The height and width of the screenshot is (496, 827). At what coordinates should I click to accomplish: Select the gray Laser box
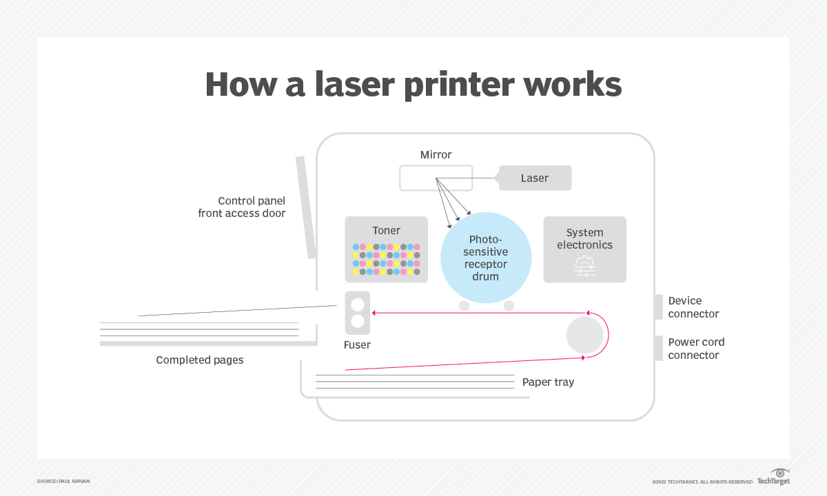[535, 178]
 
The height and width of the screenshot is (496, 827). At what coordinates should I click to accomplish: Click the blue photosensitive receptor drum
[485, 257]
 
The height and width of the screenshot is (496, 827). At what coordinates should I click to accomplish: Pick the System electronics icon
[584, 267]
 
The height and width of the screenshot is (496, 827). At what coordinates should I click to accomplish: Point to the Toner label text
[386, 231]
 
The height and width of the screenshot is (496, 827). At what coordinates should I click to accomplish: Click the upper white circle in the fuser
[358, 304]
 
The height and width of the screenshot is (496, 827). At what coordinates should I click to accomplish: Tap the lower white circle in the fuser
[358, 321]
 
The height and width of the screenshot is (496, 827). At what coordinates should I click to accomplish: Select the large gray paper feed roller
[584, 335]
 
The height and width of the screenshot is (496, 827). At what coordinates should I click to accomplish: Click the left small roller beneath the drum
[464, 306]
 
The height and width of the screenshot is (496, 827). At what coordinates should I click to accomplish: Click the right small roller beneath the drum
[509, 306]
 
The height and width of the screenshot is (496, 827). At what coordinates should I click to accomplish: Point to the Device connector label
[693, 307]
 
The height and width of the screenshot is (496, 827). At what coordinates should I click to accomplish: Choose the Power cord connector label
[696, 349]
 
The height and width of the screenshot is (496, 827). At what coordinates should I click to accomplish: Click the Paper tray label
[548, 382]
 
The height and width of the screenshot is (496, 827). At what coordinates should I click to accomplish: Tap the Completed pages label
[200, 360]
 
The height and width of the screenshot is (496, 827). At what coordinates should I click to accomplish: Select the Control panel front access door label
[242, 207]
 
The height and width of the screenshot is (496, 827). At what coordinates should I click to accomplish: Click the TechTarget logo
[774, 477]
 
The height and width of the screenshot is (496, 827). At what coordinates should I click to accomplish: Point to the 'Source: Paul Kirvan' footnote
[63, 481]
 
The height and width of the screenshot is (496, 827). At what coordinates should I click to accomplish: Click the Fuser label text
[357, 344]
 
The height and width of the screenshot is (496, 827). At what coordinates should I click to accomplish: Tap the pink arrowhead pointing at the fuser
[375, 313]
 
